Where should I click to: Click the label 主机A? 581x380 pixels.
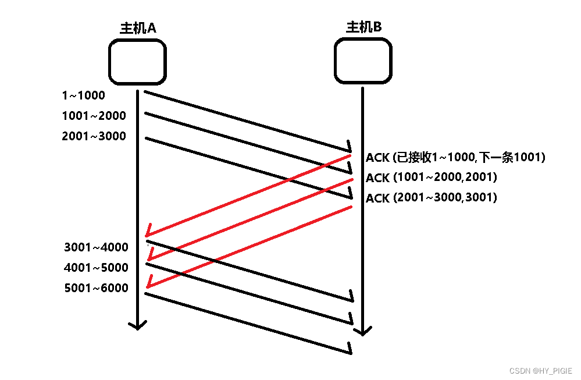coord(137,28)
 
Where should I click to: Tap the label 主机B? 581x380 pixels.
coord(363,27)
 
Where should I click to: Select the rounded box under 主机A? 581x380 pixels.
coord(138,62)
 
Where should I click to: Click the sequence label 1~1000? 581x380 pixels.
coord(83,95)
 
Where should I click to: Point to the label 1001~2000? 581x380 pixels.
coord(94,116)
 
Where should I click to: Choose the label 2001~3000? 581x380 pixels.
coord(94,137)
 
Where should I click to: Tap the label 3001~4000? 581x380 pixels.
coord(96,247)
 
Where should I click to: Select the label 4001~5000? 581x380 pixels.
coord(96,268)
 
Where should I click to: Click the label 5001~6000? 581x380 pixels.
coord(96,288)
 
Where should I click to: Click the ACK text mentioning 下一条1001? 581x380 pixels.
coord(455,157)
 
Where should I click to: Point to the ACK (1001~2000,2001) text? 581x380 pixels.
coord(432,177)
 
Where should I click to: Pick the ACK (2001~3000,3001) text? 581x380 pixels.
coord(432,198)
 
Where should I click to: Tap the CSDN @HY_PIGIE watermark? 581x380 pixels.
coord(540,371)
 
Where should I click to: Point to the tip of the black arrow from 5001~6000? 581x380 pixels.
coord(351,352)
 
